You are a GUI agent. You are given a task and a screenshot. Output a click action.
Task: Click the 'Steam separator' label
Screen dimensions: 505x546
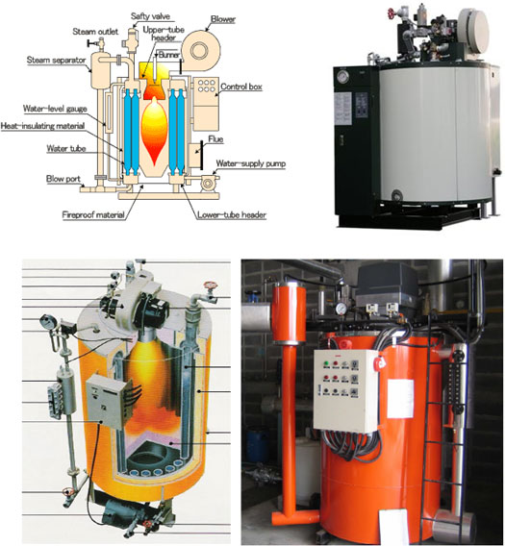click(56, 60)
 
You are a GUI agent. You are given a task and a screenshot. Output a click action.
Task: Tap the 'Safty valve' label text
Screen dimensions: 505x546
click(150, 16)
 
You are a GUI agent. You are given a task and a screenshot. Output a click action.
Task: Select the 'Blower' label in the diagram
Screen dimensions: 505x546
click(223, 19)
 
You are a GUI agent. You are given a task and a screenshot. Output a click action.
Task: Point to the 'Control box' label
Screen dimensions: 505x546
click(241, 87)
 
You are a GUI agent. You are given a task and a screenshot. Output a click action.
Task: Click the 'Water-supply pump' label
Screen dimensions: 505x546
click(251, 163)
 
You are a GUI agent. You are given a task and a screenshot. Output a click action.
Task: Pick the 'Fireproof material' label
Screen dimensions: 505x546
click(93, 215)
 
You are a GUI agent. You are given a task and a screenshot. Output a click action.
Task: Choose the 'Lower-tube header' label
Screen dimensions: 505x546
click(232, 215)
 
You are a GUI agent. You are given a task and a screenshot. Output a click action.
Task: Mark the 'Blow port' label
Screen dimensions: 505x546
click(63, 179)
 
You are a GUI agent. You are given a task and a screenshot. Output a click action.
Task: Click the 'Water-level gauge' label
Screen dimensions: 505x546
click(55, 109)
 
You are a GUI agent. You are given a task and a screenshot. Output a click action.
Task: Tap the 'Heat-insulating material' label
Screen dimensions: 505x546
click(42, 126)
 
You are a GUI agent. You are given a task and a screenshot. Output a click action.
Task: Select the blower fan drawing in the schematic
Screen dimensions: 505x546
click(201, 51)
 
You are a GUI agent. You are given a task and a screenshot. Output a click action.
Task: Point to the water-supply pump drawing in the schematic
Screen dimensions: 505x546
click(210, 182)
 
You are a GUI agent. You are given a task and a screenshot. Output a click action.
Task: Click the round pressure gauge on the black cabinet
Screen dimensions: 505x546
click(343, 77)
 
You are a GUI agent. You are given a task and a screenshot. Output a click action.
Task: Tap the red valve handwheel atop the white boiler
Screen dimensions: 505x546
click(391, 13)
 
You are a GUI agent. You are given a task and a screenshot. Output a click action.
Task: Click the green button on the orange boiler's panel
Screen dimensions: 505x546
click(326, 363)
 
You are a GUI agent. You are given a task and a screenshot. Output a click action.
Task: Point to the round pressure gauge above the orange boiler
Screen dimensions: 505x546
click(341, 309)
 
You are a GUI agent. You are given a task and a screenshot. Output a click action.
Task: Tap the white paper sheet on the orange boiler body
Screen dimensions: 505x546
click(400, 399)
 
